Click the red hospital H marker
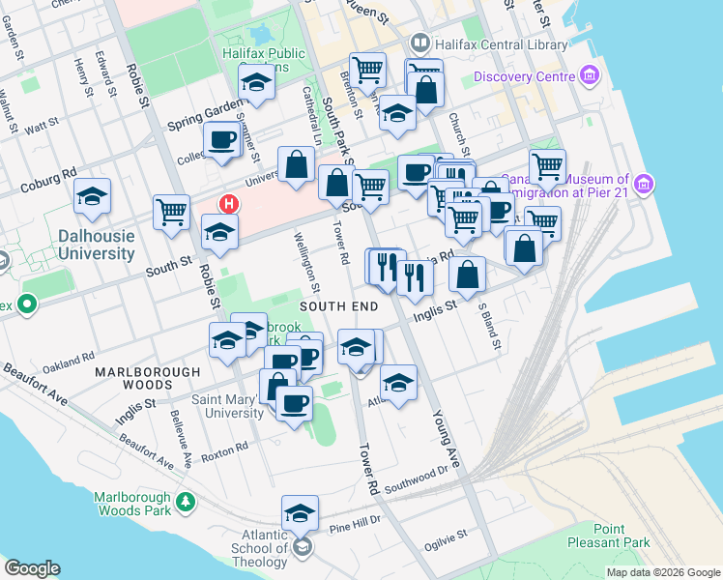pos(228,204)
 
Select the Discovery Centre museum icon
pos(589,76)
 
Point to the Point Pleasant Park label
pos(608,536)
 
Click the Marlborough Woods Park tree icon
pos(184,502)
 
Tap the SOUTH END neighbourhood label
pos(335,305)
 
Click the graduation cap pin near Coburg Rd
pos(93,196)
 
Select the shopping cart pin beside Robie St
pos(172,210)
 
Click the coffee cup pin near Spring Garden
pos(221,138)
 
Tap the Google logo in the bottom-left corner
pos(32,568)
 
